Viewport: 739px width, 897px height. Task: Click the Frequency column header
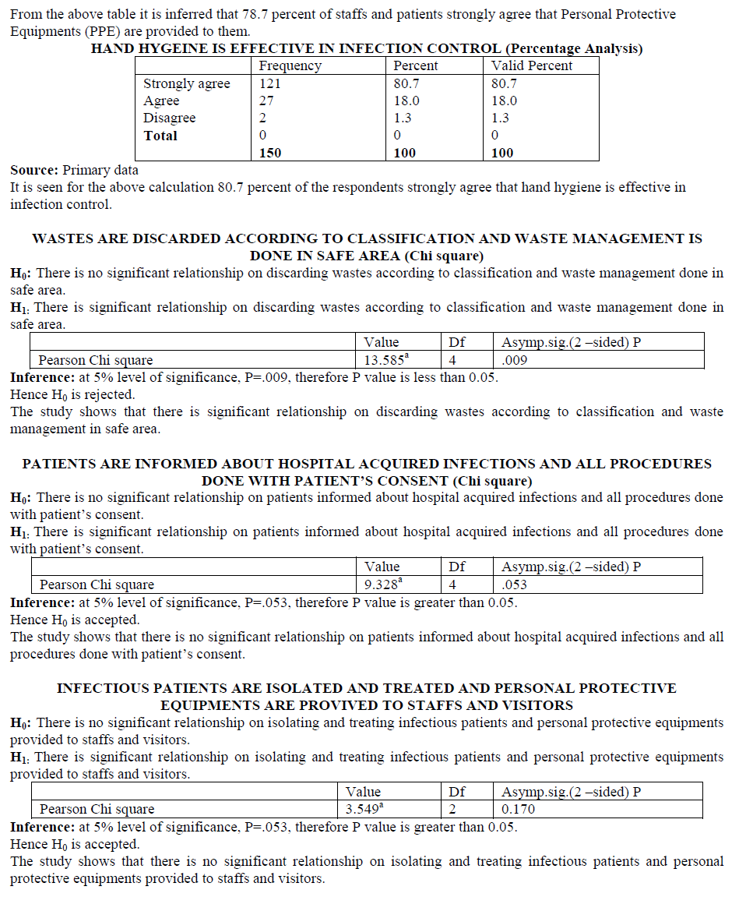[x=290, y=66]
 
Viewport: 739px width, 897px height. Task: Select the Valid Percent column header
[x=532, y=66]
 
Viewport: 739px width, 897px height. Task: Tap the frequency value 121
[x=270, y=84]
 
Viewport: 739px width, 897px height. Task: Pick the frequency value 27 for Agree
[x=266, y=101]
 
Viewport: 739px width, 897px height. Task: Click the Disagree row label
[x=169, y=118]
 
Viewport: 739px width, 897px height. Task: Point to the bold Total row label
[x=160, y=136]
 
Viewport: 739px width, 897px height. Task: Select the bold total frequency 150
[x=270, y=153]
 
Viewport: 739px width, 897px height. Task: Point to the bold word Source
[x=33, y=170]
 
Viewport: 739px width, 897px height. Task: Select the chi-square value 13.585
[x=384, y=360]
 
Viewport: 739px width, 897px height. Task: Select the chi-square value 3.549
[x=364, y=809]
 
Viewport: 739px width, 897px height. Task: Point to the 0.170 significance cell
[x=518, y=809]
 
